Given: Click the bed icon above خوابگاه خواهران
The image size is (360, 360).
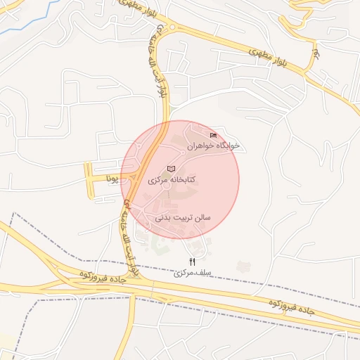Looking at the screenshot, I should (x=214, y=135).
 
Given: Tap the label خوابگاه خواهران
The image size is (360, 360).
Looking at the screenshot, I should (x=213, y=146).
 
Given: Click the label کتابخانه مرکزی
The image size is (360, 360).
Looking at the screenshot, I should (x=171, y=179).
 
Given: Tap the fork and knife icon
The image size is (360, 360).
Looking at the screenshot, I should (x=193, y=262).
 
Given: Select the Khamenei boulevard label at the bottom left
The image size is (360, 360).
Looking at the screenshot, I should (x=129, y=236).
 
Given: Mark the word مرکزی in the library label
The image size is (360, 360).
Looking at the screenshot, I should (x=159, y=180).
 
